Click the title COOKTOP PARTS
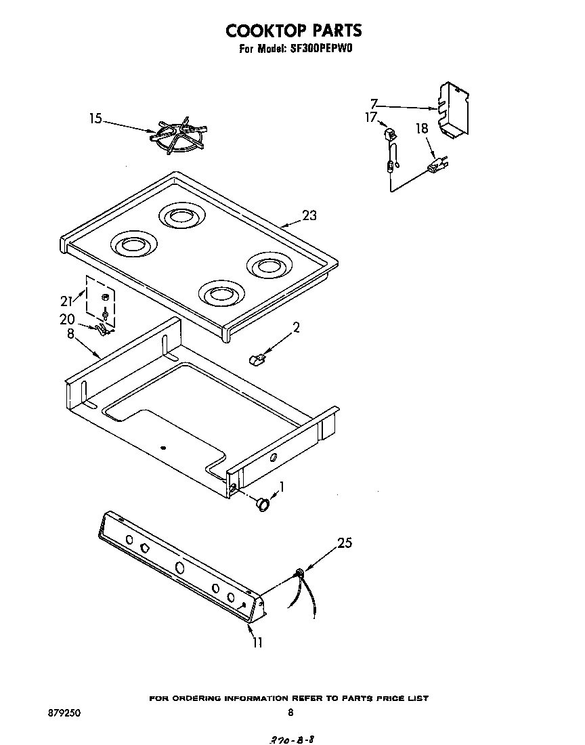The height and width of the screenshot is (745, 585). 293,30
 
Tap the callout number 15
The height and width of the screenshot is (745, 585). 95,119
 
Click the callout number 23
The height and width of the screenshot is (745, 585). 309,216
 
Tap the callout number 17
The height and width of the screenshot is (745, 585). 370,117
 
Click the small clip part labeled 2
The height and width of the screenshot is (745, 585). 257,358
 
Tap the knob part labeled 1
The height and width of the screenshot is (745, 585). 263,504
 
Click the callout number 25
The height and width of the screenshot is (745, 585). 345,542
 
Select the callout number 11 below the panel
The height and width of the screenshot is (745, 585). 257,642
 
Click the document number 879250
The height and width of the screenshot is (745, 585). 62,712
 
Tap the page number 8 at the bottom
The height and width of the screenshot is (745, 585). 290,712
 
